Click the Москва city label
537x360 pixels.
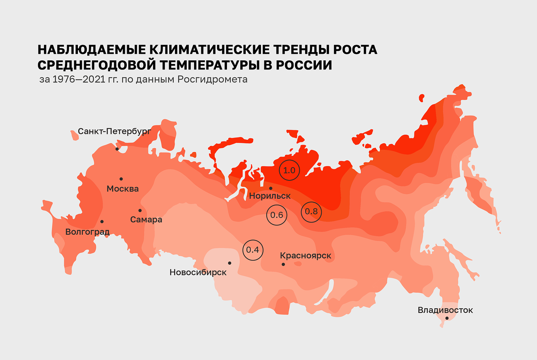(123, 189)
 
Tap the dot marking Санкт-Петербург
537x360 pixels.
(117, 149)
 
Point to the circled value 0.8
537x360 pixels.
(311, 212)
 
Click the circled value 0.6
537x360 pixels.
(276, 215)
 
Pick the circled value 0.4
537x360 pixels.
(253, 250)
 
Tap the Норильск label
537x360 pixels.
(270, 196)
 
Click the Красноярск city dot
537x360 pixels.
(283, 265)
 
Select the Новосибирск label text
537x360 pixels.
(198, 272)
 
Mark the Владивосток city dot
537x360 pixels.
(447, 318)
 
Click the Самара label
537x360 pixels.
(146, 219)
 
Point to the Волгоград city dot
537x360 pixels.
(102, 222)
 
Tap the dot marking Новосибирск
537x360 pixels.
(230, 263)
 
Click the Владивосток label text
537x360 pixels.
(445, 310)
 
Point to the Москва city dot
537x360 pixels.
(121, 178)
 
